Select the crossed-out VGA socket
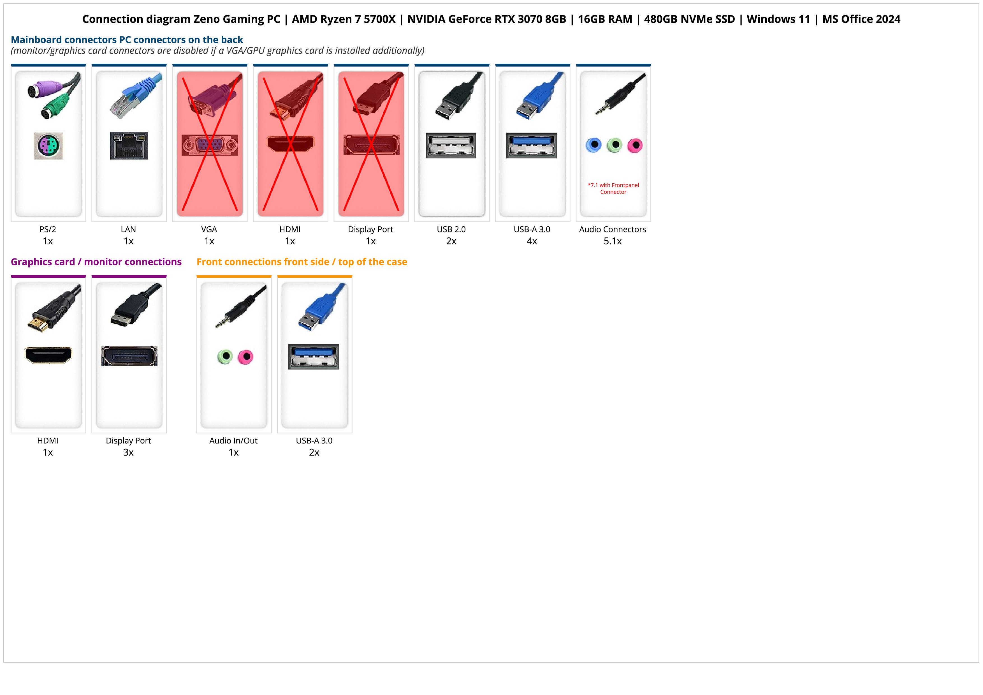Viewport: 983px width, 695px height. click(209, 146)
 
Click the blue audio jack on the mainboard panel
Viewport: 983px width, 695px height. click(593, 145)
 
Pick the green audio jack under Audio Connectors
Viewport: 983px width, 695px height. click(614, 145)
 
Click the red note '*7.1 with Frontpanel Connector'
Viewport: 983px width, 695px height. click(613, 188)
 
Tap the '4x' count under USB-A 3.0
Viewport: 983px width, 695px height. click(532, 241)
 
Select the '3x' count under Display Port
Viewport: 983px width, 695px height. click(128, 452)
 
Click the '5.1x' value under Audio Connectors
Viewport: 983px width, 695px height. click(613, 241)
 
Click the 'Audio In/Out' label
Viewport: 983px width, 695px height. click(233, 441)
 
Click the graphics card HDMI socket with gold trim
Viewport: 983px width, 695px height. click(48, 355)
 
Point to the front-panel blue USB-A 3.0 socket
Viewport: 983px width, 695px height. click(313, 356)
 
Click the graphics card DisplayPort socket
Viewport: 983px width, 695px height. click(129, 356)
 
